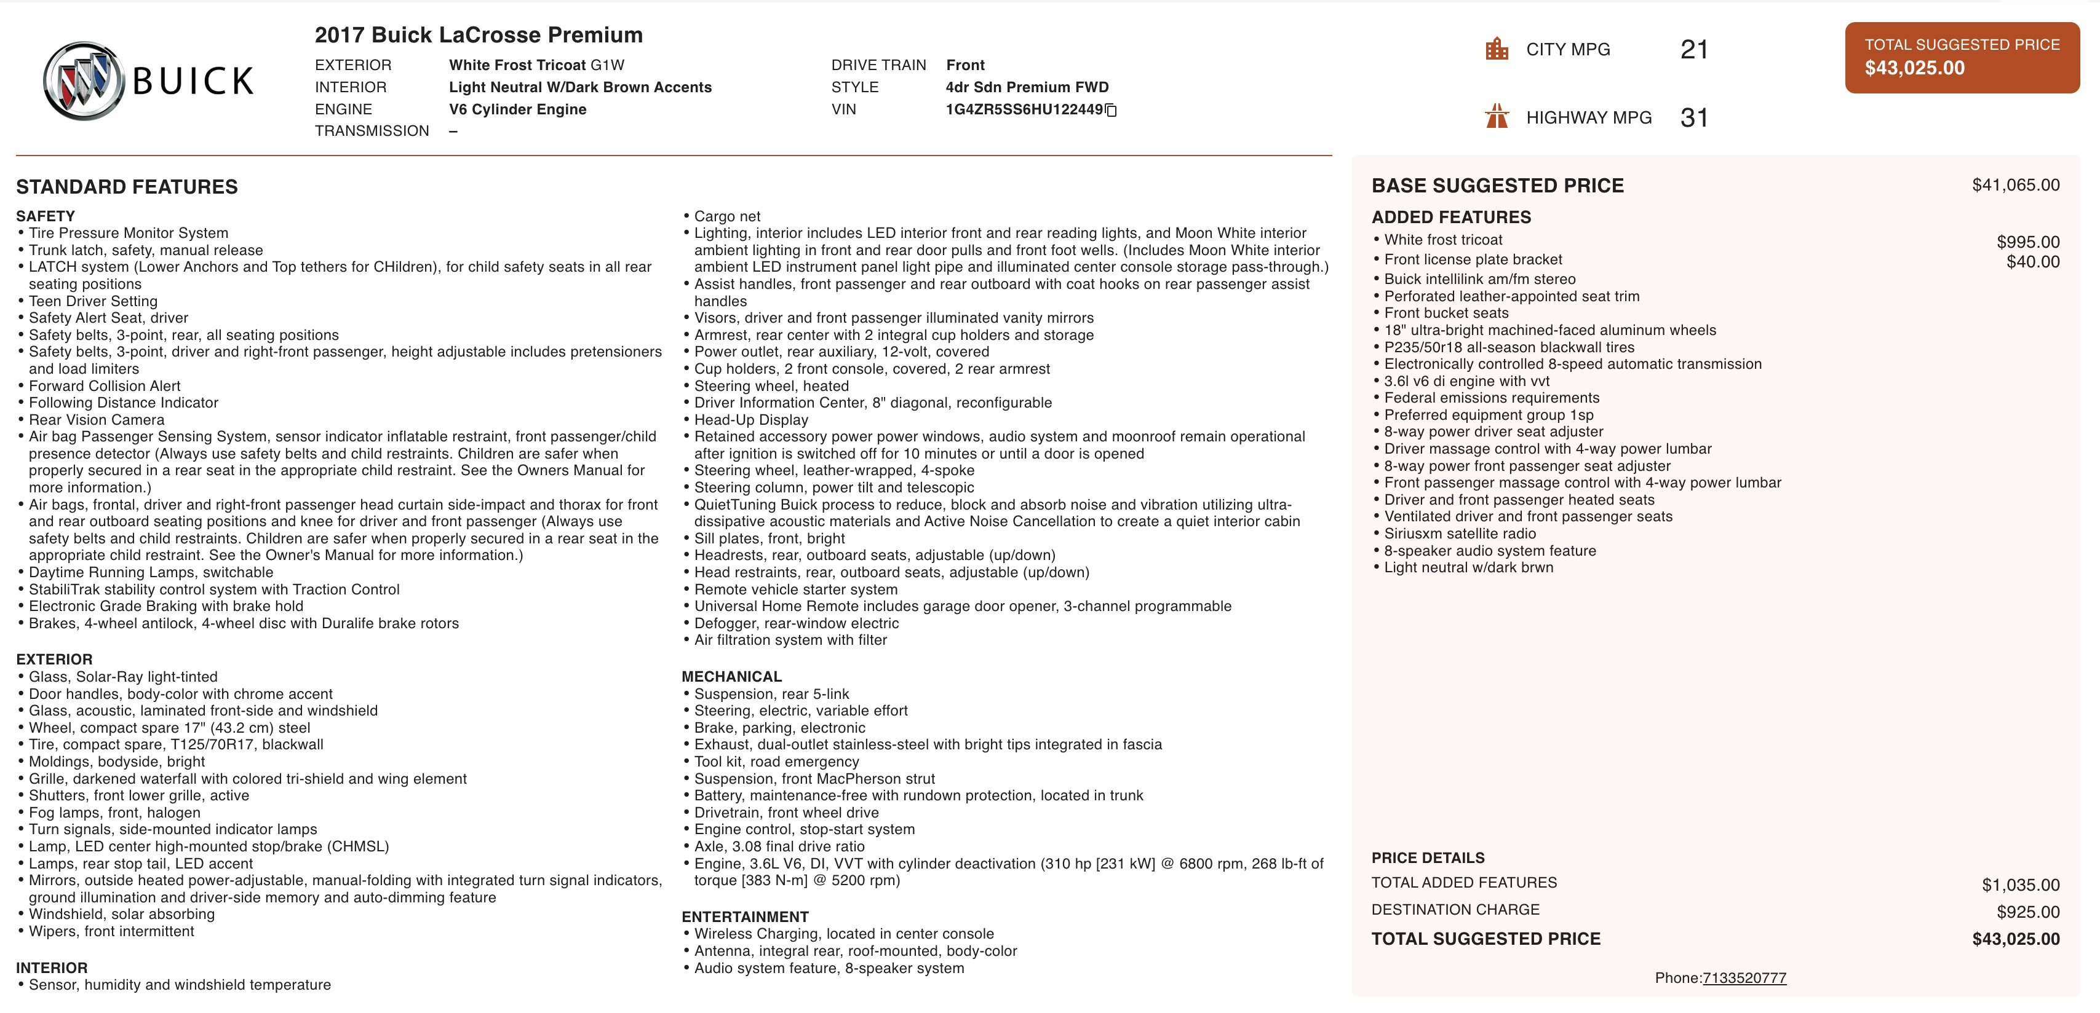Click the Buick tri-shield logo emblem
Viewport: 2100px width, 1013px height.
point(84,81)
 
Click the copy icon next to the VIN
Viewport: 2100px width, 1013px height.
point(1110,110)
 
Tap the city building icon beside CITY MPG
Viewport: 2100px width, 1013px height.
point(1497,49)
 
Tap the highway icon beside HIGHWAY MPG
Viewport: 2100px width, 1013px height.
point(1497,117)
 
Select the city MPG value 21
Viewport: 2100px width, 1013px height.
point(1694,50)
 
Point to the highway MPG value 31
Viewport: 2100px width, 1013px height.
point(1694,118)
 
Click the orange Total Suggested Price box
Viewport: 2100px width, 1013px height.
point(1962,57)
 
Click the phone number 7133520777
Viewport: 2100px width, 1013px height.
point(1744,978)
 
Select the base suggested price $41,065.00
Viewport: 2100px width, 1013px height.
point(2015,185)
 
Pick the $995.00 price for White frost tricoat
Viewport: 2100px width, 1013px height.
point(2027,242)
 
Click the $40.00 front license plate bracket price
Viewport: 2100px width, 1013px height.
point(2032,262)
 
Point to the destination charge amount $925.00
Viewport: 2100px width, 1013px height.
point(2027,912)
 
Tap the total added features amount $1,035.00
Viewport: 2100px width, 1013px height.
point(2020,885)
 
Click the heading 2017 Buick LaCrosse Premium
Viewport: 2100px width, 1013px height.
point(479,35)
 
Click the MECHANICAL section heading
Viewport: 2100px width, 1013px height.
point(731,676)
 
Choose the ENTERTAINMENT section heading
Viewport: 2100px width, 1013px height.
point(745,917)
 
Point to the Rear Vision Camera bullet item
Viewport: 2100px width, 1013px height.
point(96,420)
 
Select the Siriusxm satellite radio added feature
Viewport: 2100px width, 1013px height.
point(1459,534)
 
